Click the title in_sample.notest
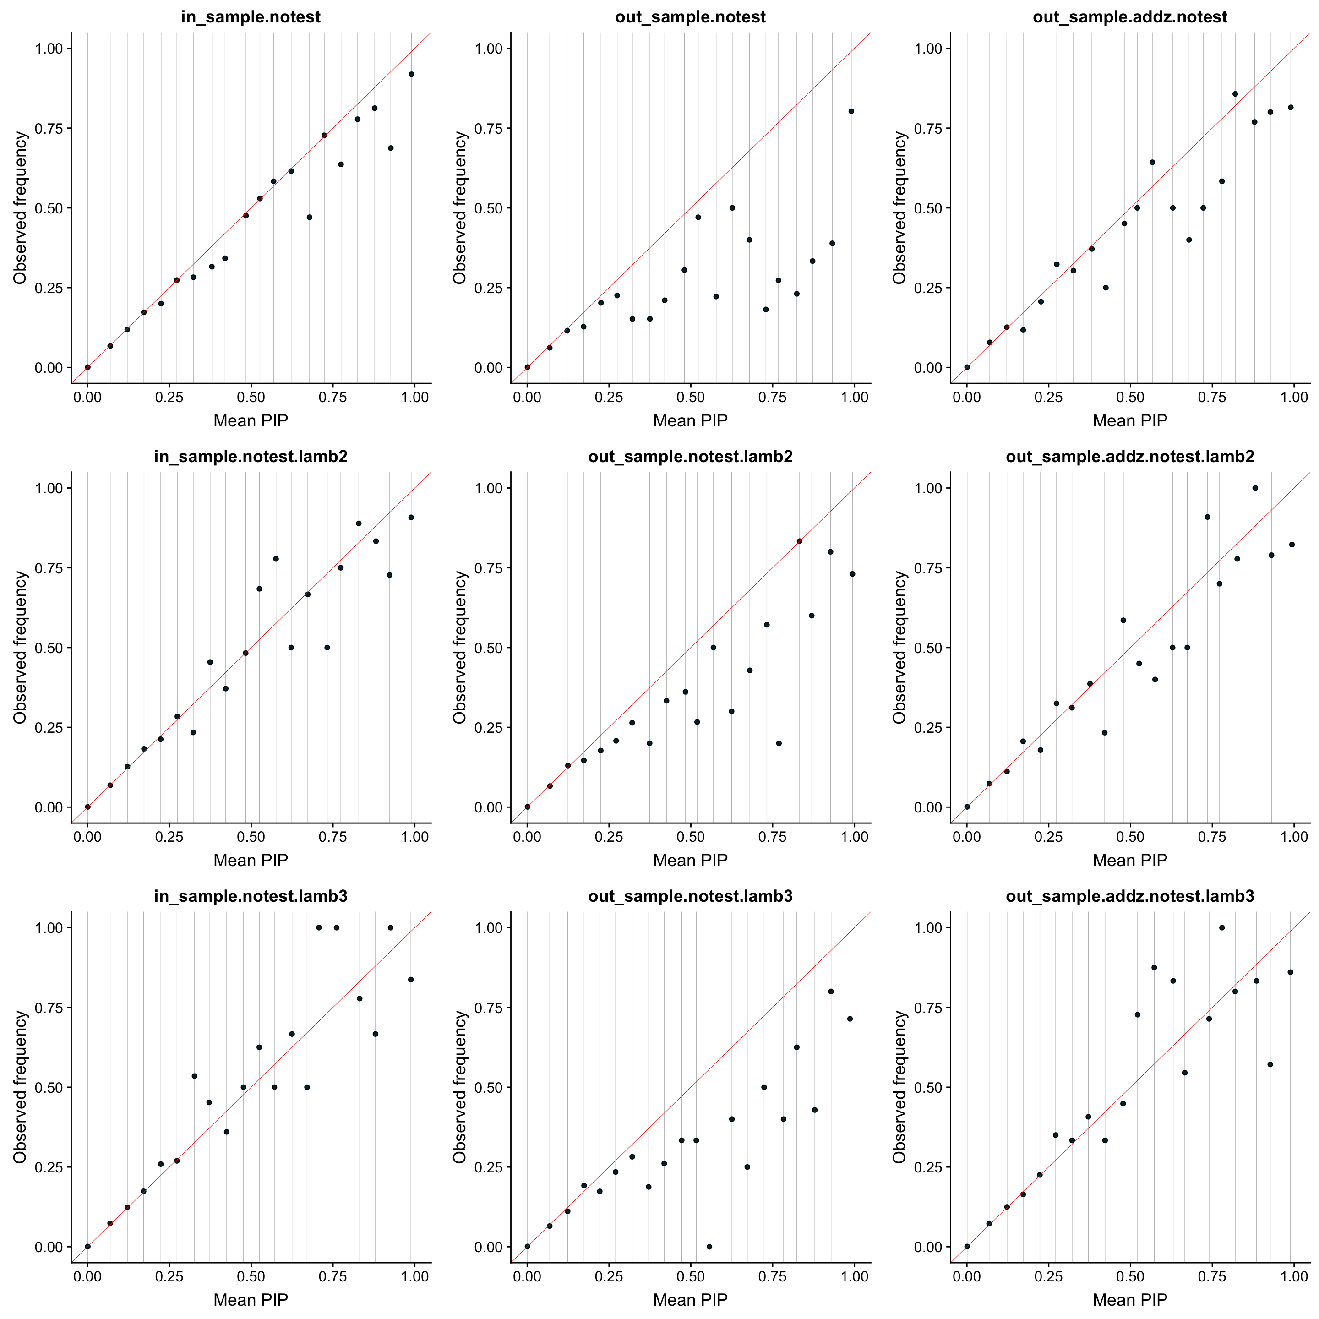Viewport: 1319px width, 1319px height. (251, 17)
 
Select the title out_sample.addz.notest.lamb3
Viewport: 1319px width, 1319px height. (1130, 896)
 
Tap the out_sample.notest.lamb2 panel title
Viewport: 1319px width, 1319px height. (690, 457)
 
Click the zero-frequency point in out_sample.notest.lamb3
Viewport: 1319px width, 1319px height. (709, 1247)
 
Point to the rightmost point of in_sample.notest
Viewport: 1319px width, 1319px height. (411, 74)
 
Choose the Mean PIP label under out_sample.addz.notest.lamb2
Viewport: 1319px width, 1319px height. (1130, 860)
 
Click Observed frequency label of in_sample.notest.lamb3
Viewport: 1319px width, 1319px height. (21, 1087)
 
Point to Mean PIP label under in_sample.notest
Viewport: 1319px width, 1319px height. (251, 420)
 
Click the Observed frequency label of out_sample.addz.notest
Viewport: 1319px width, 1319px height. (900, 207)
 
